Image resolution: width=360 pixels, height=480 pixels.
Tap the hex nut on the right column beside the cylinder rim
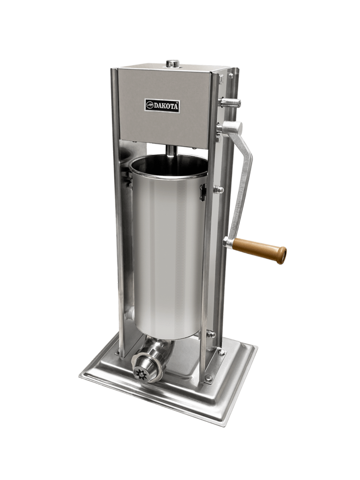coord(219,190)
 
